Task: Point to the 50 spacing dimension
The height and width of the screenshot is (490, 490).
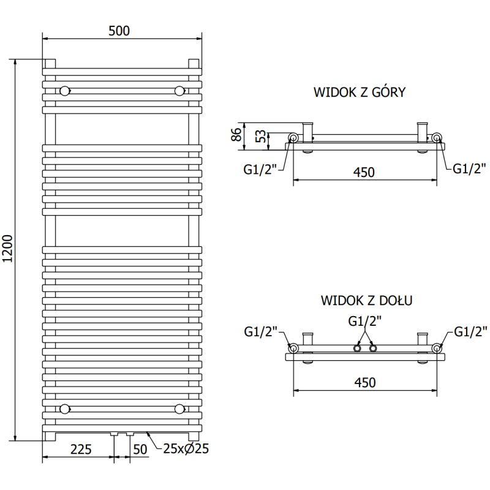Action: point(140,449)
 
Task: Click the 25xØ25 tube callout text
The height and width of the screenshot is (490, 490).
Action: point(186,449)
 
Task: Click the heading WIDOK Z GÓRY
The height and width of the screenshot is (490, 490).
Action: point(360,92)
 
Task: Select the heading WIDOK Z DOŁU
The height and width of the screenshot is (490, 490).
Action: point(366,300)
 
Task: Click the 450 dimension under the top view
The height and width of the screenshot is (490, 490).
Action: point(364,173)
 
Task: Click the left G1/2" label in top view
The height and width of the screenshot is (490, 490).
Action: point(260,170)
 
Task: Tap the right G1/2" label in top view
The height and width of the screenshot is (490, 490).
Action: point(470,169)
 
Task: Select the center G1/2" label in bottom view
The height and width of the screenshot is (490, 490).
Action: point(365,320)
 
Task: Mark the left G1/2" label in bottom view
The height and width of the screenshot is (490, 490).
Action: point(261,332)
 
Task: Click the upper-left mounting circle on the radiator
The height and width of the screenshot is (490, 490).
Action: point(65,91)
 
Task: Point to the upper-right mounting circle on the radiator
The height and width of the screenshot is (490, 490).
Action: point(179,91)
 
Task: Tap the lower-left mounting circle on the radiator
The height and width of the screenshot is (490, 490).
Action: point(65,409)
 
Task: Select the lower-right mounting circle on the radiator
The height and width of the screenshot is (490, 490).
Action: point(179,409)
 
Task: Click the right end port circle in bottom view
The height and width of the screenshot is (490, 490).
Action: point(437,348)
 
